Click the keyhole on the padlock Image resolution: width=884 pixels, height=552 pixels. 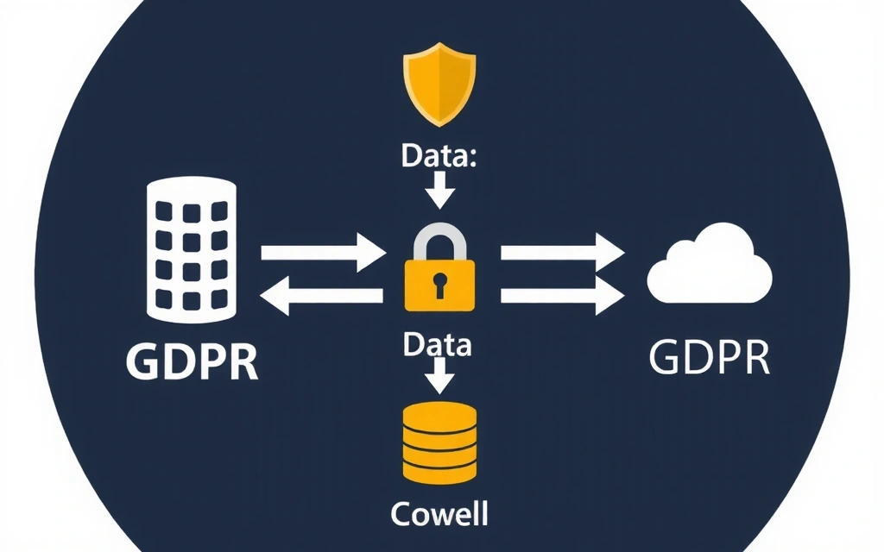coord(440,284)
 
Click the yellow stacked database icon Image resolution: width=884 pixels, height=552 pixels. coord(440,441)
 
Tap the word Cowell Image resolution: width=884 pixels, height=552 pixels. coord(440,514)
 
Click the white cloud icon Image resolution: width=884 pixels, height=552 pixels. coord(710,268)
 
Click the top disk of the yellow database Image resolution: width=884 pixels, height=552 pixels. coord(440,412)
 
